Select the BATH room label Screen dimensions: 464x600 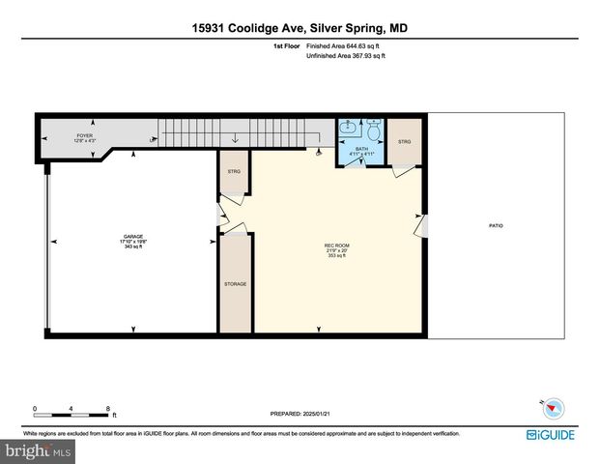[x=361, y=149]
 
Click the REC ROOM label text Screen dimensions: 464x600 [x=335, y=247]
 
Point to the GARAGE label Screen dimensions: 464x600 [x=132, y=237]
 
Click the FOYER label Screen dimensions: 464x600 [x=85, y=136]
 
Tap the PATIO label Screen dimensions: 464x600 [x=496, y=226]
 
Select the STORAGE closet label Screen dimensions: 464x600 [x=235, y=284]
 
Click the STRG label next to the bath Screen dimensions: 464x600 [x=405, y=142]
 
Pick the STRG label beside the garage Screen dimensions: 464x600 [x=233, y=171]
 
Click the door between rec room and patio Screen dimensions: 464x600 [x=420, y=225]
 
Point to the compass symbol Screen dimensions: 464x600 [x=549, y=407]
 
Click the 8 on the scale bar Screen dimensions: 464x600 [x=108, y=408]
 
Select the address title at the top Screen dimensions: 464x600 [x=300, y=28]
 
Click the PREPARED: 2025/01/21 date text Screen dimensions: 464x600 [x=300, y=414]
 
